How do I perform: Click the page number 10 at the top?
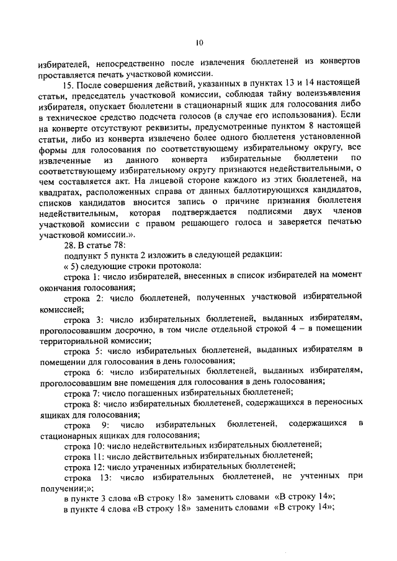coord(198,43)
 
